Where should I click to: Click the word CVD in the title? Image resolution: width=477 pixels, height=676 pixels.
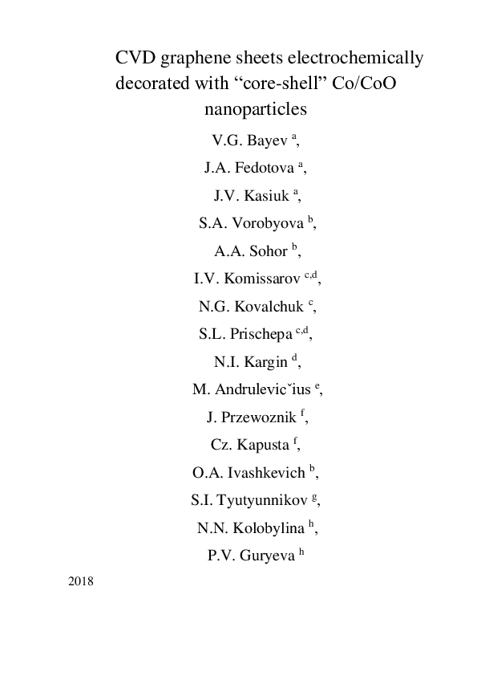tap(134, 58)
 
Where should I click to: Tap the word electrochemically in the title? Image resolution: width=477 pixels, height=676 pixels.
tap(350, 58)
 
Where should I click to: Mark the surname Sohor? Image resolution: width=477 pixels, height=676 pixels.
tap(267, 250)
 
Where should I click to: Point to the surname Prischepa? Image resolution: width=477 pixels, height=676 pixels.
tap(261, 333)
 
